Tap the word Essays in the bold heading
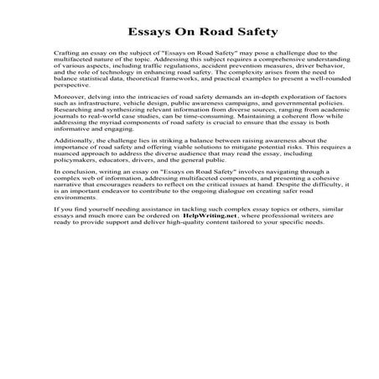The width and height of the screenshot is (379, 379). point(148,34)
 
